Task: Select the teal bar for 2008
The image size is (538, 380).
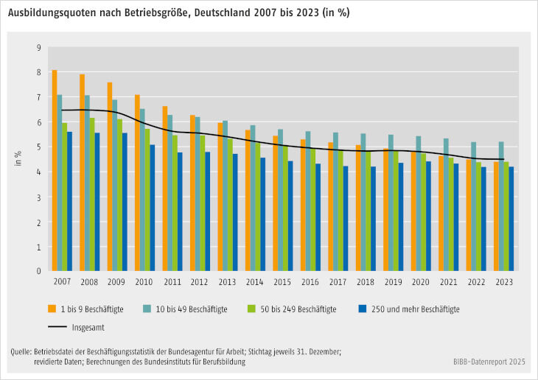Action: pos(88,183)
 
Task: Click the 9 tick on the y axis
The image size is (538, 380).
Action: pos(38,48)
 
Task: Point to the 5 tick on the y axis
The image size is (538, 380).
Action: pos(38,147)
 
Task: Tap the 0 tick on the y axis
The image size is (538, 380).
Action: pos(38,271)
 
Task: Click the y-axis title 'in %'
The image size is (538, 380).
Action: pos(18,159)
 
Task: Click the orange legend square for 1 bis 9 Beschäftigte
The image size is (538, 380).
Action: pos(52,309)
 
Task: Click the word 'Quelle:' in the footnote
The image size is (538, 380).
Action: pos(21,352)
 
